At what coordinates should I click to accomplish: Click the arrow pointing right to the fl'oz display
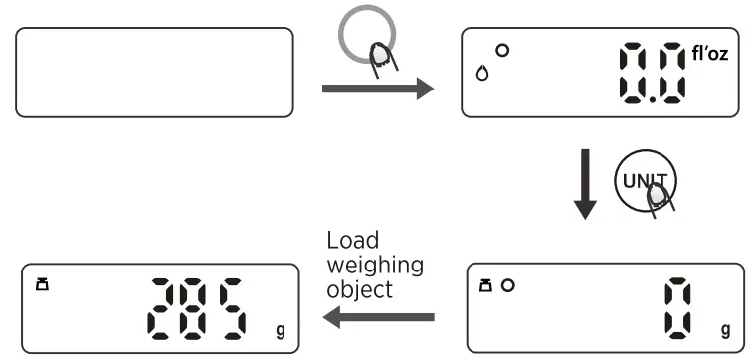pyautogui.click(x=378, y=90)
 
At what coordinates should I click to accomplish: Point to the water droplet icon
pyautogui.click(x=483, y=73)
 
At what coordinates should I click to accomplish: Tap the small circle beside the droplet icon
pyautogui.click(x=502, y=50)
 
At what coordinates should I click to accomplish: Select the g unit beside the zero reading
pyautogui.click(x=724, y=328)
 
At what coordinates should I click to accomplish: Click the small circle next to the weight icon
pyautogui.click(x=508, y=286)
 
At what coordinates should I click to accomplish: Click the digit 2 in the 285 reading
pyautogui.click(x=164, y=307)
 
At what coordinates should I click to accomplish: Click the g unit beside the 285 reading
pyautogui.click(x=279, y=328)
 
